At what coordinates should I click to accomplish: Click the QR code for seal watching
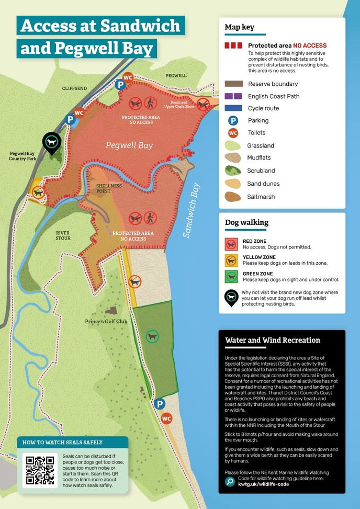pyautogui.click(x=40, y=470)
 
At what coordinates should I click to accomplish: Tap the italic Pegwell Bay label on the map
pyautogui.click(x=129, y=145)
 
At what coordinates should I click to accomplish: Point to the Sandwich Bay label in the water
pyautogui.click(x=192, y=210)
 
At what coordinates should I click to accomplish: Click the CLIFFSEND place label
pyautogui.click(x=73, y=88)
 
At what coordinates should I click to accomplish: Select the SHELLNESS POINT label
pyautogui.click(x=109, y=188)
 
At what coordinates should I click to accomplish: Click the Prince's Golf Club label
pyautogui.click(x=106, y=321)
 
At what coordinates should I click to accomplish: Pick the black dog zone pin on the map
pyautogui.click(x=51, y=143)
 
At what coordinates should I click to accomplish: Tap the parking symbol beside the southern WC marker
pyautogui.click(x=160, y=403)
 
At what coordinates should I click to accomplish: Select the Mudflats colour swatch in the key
pyautogui.click(x=233, y=157)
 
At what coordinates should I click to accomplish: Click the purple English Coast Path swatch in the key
pyautogui.click(x=233, y=96)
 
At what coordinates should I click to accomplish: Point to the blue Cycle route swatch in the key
pyautogui.click(x=233, y=108)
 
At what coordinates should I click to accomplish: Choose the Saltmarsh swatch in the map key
pyautogui.click(x=233, y=197)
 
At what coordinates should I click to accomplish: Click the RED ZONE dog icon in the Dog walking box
pyautogui.click(x=232, y=244)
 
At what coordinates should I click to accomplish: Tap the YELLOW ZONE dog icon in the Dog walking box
pyautogui.click(x=232, y=261)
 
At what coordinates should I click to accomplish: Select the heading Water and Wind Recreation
pyautogui.click(x=272, y=340)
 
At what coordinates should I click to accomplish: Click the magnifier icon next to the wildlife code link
pyautogui.click(x=229, y=482)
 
